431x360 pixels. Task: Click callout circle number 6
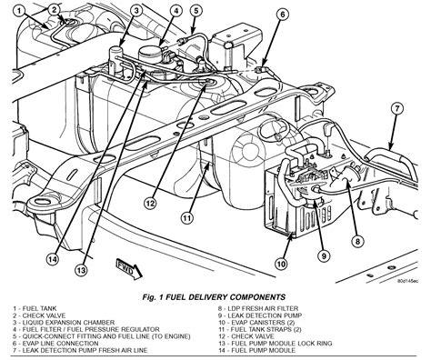coord(283,15)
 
